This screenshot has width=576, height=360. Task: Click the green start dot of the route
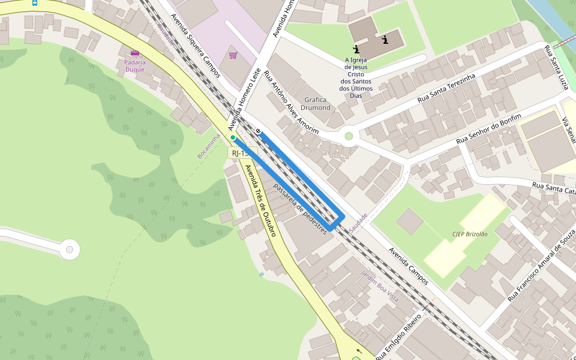(233, 137)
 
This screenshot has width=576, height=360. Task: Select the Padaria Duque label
(134, 65)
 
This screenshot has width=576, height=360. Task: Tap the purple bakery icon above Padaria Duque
(134, 53)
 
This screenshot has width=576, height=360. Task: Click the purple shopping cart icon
(233, 56)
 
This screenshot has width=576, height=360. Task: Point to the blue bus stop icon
(34, 2)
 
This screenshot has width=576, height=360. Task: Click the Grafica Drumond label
(316, 104)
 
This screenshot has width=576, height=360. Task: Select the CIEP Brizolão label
(470, 234)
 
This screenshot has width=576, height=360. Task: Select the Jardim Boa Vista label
(379, 286)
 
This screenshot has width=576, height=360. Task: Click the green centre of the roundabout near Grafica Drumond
(349, 136)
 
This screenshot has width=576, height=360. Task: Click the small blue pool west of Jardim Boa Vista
(261, 274)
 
